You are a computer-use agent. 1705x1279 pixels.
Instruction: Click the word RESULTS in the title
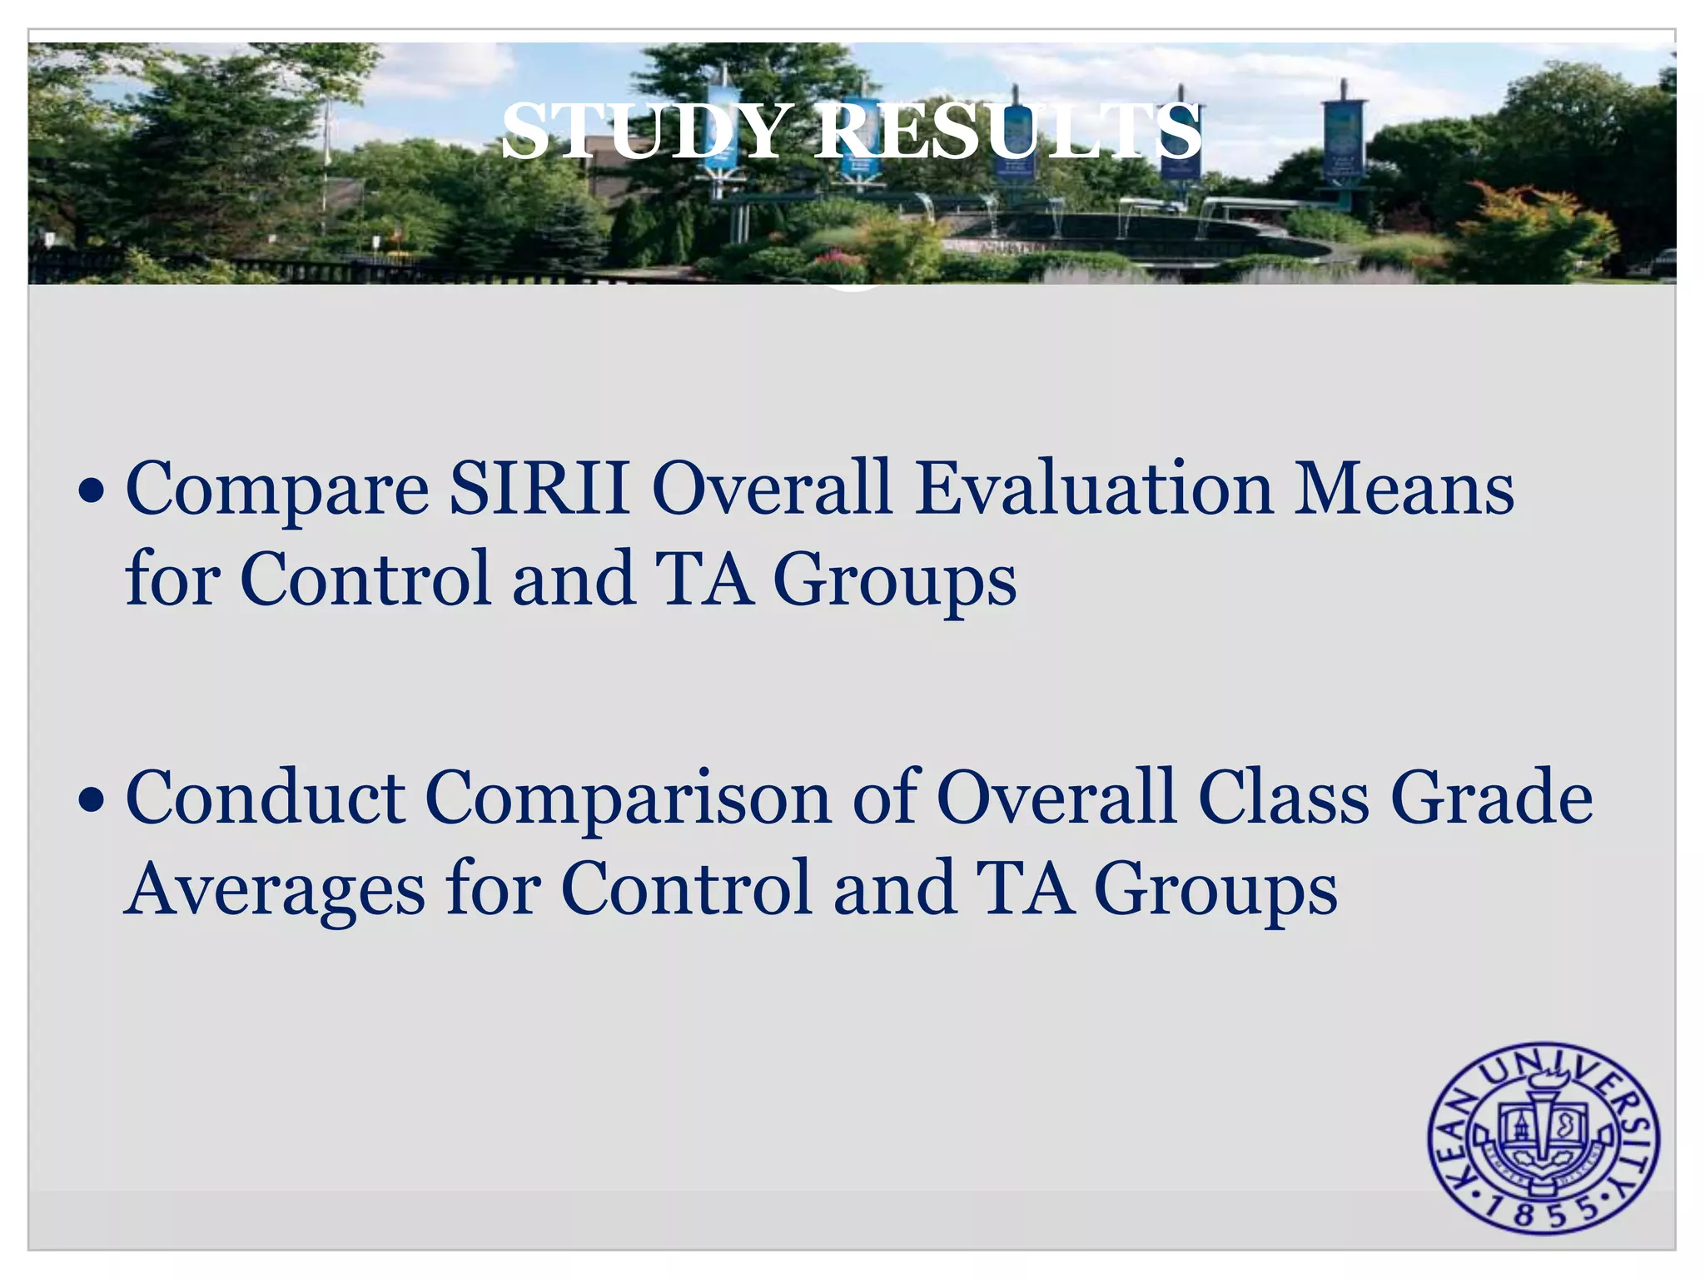pyautogui.click(x=1007, y=132)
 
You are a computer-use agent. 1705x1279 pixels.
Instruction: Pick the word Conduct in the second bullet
pyautogui.click(x=266, y=797)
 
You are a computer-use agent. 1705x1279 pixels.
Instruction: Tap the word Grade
pyautogui.click(x=1492, y=797)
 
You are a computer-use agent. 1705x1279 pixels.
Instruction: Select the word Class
pyautogui.click(x=1284, y=797)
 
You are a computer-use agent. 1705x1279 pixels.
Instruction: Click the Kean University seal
pyautogui.click(x=1543, y=1137)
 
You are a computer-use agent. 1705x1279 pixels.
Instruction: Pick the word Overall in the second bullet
pyautogui.click(x=1056, y=797)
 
